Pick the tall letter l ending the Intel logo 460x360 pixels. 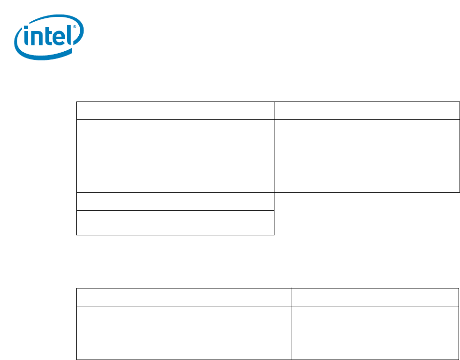[71, 35]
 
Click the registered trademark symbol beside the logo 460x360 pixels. [76, 28]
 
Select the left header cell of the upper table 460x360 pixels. [175, 111]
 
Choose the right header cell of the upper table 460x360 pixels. [366, 111]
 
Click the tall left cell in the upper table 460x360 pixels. [175, 156]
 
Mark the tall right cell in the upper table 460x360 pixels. [366, 156]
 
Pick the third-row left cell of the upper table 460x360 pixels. [175, 202]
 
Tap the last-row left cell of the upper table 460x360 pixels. [175, 222]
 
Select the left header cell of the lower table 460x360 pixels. [184, 297]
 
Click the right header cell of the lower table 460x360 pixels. [374, 297]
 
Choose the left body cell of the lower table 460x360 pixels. [184, 332]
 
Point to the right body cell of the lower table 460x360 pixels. [374, 332]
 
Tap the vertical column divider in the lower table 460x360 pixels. [291, 324]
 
